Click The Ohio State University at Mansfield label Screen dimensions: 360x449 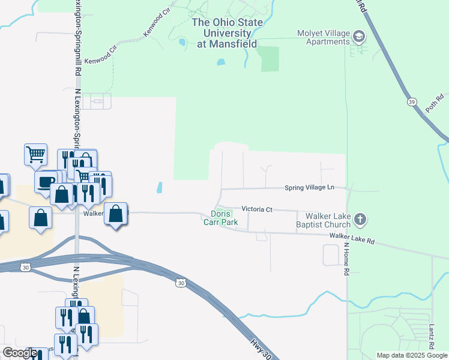point(227,33)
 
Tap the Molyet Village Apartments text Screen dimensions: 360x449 point(324,37)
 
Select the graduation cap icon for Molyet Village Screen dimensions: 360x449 point(359,37)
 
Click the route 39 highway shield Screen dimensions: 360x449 point(411,102)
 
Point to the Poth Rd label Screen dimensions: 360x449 point(435,103)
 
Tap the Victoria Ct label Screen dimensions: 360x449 point(257,209)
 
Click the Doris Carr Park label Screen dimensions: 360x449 point(224,218)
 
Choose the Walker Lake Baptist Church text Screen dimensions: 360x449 point(327,220)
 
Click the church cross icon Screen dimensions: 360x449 point(360,220)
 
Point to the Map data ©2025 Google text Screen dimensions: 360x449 point(411,355)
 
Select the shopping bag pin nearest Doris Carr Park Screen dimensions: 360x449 point(115,214)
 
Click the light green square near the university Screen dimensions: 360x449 point(270,58)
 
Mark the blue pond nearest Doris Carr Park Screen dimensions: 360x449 point(160,188)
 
